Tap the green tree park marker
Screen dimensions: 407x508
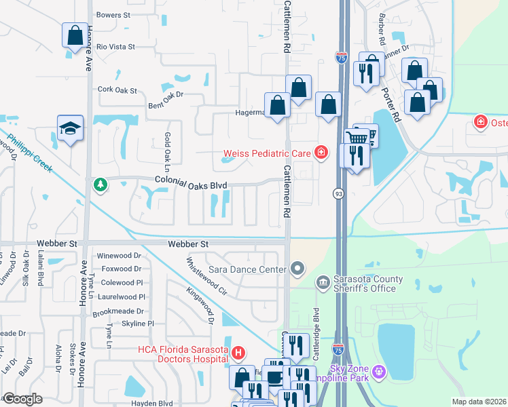(101, 185)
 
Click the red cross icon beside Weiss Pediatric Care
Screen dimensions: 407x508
(321, 153)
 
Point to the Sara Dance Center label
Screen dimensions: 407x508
(247, 269)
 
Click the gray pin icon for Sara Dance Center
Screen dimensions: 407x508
(296, 269)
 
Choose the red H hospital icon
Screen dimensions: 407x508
(238, 353)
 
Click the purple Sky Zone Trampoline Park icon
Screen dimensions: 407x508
(378, 372)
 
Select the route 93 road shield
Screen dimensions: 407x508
(338, 195)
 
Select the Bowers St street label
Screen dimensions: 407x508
(113, 14)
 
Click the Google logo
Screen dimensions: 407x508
(22, 399)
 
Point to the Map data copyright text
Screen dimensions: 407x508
(479, 402)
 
